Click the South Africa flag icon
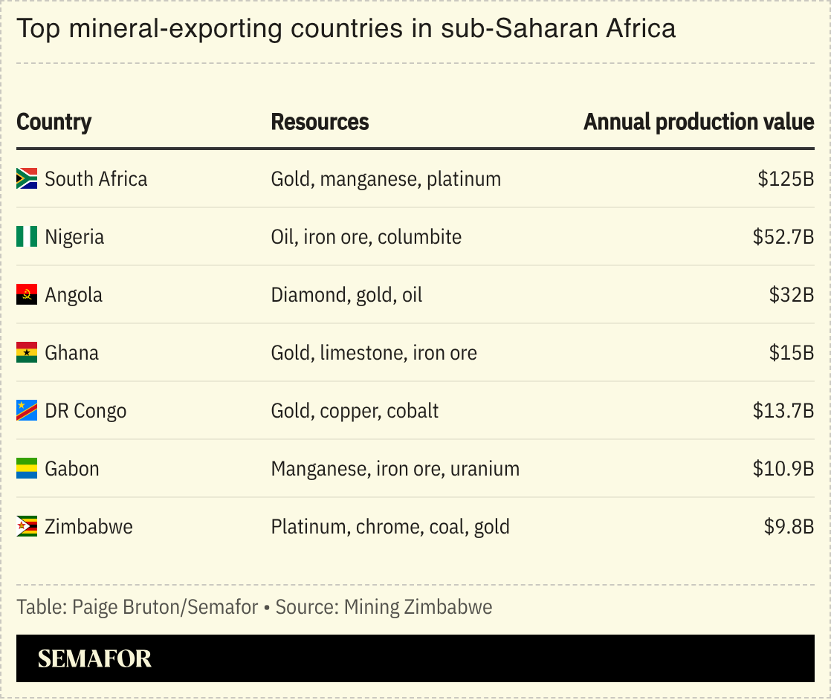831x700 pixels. (x=27, y=178)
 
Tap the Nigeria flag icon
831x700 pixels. (x=27, y=237)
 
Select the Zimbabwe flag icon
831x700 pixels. (x=27, y=527)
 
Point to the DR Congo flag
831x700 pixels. (x=27, y=411)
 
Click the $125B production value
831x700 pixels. (x=786, y=179)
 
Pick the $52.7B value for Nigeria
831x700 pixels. (x=783, y=237)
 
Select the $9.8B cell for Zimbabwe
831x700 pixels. (x=789, y=527)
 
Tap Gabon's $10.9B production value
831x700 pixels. (x=783, y=469)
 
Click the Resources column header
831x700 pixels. (x=320, y=122)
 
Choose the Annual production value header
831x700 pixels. (x=698, y=122)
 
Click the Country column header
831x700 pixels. (x=54, y=122)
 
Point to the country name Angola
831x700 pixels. (x=74, y=295)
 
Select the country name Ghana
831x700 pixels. (x=71, y=353)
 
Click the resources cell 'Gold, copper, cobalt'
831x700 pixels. (x=355, y=411)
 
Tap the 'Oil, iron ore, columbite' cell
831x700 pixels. (x=366, y=237)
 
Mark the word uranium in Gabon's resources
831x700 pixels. (x=485, y=469)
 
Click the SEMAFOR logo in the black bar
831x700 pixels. (x=94, y=658)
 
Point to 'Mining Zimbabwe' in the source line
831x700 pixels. (x=418, y=607)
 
